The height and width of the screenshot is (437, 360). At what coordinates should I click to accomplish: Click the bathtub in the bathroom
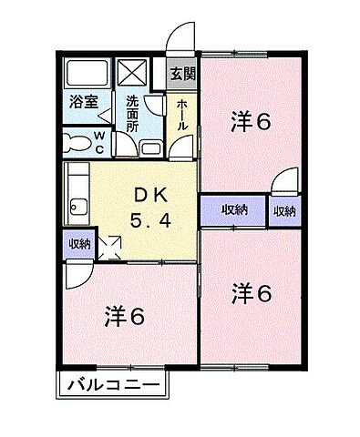85,72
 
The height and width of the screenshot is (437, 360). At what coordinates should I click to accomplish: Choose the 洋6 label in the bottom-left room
124,317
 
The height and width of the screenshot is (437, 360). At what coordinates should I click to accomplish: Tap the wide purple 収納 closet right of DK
234,210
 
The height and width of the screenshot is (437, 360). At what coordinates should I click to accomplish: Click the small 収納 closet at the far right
284,211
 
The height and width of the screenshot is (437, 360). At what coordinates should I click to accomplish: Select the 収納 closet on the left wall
78,244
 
